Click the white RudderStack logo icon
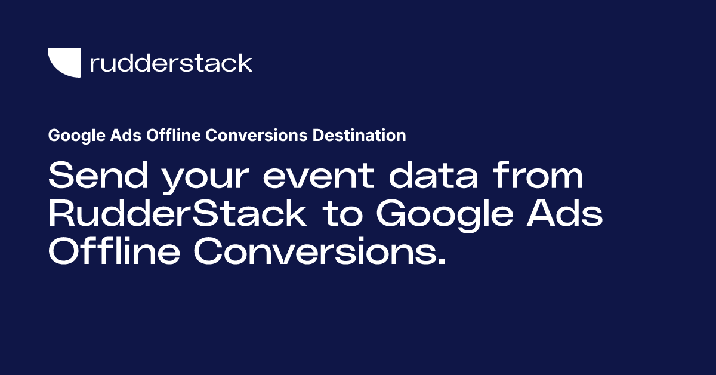click(63, 62)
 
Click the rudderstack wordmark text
click(171, 63)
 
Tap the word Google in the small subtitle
click(69, 136)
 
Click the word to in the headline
click(342, 214)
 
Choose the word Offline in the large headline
click(113, 253)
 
